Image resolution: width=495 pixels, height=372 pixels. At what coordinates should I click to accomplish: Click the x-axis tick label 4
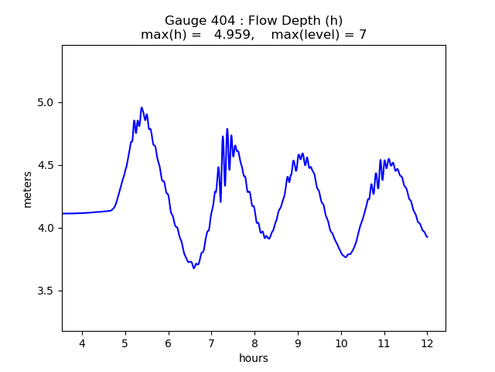82,343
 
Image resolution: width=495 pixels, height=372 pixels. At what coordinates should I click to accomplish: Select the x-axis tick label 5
125,343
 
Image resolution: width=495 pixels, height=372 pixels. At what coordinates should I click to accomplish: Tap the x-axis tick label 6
168,343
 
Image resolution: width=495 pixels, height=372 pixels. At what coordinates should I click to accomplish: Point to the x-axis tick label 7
211,343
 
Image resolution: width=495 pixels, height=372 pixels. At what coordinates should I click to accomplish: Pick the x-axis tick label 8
254,343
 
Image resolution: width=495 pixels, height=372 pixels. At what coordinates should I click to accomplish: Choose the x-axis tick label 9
298,343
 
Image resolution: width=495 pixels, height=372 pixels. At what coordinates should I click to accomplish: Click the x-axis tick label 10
341,343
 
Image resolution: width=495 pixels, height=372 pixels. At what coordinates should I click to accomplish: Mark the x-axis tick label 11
384,343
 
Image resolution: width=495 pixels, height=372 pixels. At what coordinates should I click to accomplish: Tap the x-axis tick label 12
427,343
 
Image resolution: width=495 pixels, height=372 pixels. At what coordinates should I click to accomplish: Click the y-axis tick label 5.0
46,103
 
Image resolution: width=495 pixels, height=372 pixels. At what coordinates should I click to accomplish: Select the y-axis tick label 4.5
46,166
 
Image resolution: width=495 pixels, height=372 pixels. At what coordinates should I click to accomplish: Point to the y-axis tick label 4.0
46,229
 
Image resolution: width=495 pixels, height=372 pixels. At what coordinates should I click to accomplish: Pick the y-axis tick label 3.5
46,291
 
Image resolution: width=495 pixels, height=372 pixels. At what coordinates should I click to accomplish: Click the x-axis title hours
254,358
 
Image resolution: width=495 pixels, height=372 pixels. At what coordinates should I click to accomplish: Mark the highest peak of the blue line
142,108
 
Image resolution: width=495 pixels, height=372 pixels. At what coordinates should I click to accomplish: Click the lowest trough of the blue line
194,268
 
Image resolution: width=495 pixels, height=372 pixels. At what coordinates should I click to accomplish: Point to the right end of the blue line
427,237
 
